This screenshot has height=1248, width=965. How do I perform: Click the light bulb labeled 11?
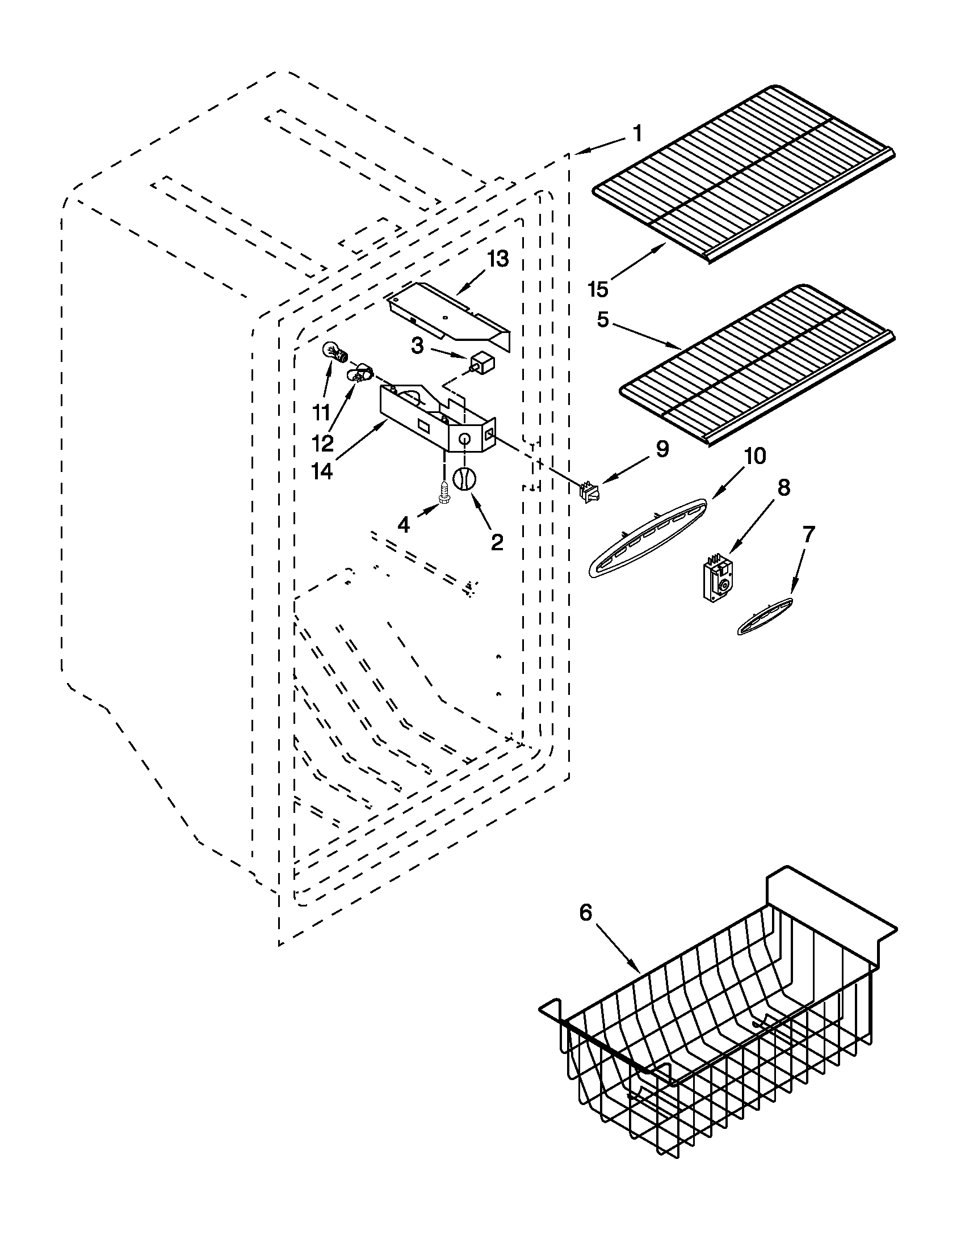pos(334,353)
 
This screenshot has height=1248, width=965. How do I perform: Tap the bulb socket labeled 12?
pos(359,374)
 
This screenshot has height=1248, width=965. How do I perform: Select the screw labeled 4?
pos(444,492)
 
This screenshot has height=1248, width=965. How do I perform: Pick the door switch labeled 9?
pos(587,492)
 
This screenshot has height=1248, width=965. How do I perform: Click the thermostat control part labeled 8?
pos(719,578)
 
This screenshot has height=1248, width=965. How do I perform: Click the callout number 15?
pos(598,290)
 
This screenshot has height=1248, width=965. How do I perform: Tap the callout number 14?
pos(322,471)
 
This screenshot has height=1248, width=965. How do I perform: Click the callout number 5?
pos(603,320)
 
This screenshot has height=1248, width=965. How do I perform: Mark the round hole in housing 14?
pos(465,439)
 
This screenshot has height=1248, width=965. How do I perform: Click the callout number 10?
pos(754,456)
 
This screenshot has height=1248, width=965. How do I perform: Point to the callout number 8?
pos(784,487)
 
